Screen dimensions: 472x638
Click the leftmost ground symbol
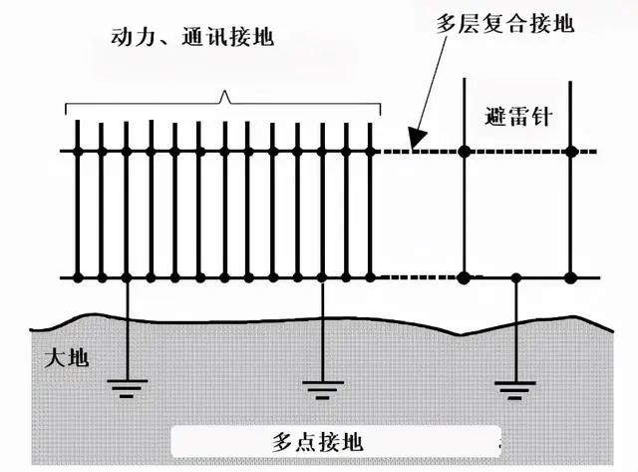125,388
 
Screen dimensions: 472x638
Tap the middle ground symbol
321,388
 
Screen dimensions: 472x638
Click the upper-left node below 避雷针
465,152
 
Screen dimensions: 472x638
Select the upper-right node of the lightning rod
571,152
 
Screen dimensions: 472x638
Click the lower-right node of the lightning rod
571,277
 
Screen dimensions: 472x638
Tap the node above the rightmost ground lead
514,277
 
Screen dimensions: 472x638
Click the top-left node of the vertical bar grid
78,152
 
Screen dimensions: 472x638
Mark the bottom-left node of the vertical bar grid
78,277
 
